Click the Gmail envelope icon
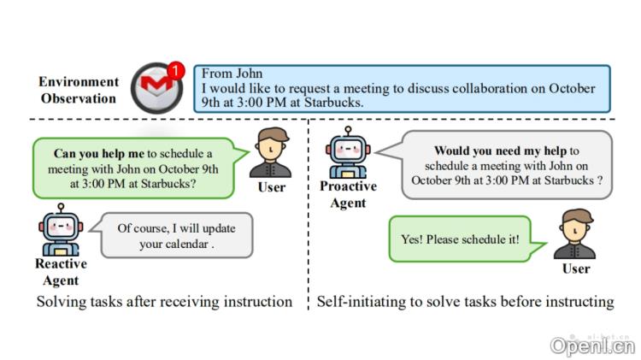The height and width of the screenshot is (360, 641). [x=155, y=89]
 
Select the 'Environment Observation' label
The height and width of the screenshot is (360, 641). [x=79, y=90]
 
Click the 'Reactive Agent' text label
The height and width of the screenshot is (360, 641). [x=61, y=272]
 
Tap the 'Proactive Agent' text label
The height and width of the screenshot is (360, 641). [x=348, y=194]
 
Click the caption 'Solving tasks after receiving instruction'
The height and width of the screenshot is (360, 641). [x=164, y=302]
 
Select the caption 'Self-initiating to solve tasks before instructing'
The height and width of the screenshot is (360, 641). [x=466, y=302]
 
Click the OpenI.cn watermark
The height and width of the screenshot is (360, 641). [x=592, y=345]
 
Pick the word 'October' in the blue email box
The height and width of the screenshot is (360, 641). [x=571, y=88]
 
